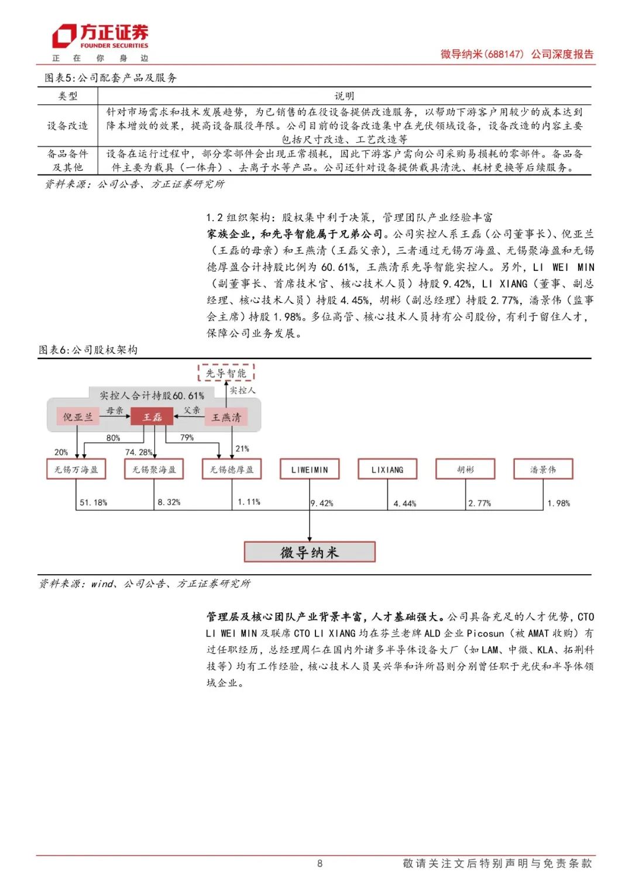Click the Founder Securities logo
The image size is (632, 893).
click(x=100, y=37)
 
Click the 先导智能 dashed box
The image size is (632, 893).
click(x=226, y=373)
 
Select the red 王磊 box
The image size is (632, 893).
click(x=153, y=417)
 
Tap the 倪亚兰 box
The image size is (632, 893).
click(x=78, y=417)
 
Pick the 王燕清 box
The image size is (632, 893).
click(x=226, y=417)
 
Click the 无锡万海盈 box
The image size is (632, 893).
click(x=76, y=469)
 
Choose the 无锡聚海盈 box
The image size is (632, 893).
click(x=154, y=469)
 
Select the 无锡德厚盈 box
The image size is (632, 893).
click(x=232, y=469)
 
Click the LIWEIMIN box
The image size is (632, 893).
click(x=310, y=469)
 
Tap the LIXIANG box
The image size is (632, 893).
click(x=387, y=469)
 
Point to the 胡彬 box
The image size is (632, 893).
click(x=465, y=469)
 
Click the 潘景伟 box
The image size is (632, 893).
click(x=543, y=469)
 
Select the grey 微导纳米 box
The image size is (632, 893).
click(x=310, y=552)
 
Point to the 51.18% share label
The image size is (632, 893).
click(x=94, y=502)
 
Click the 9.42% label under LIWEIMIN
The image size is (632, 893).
click(x=322, y=503)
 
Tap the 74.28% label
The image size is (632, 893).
click(x=139, y=452)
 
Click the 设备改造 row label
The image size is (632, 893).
click(x=67, y=126)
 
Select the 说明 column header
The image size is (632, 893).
click(x=344, y=96)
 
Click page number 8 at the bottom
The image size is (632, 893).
click(x=320, y=863)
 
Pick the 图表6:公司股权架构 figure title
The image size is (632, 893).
click(x=88, y=350)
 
